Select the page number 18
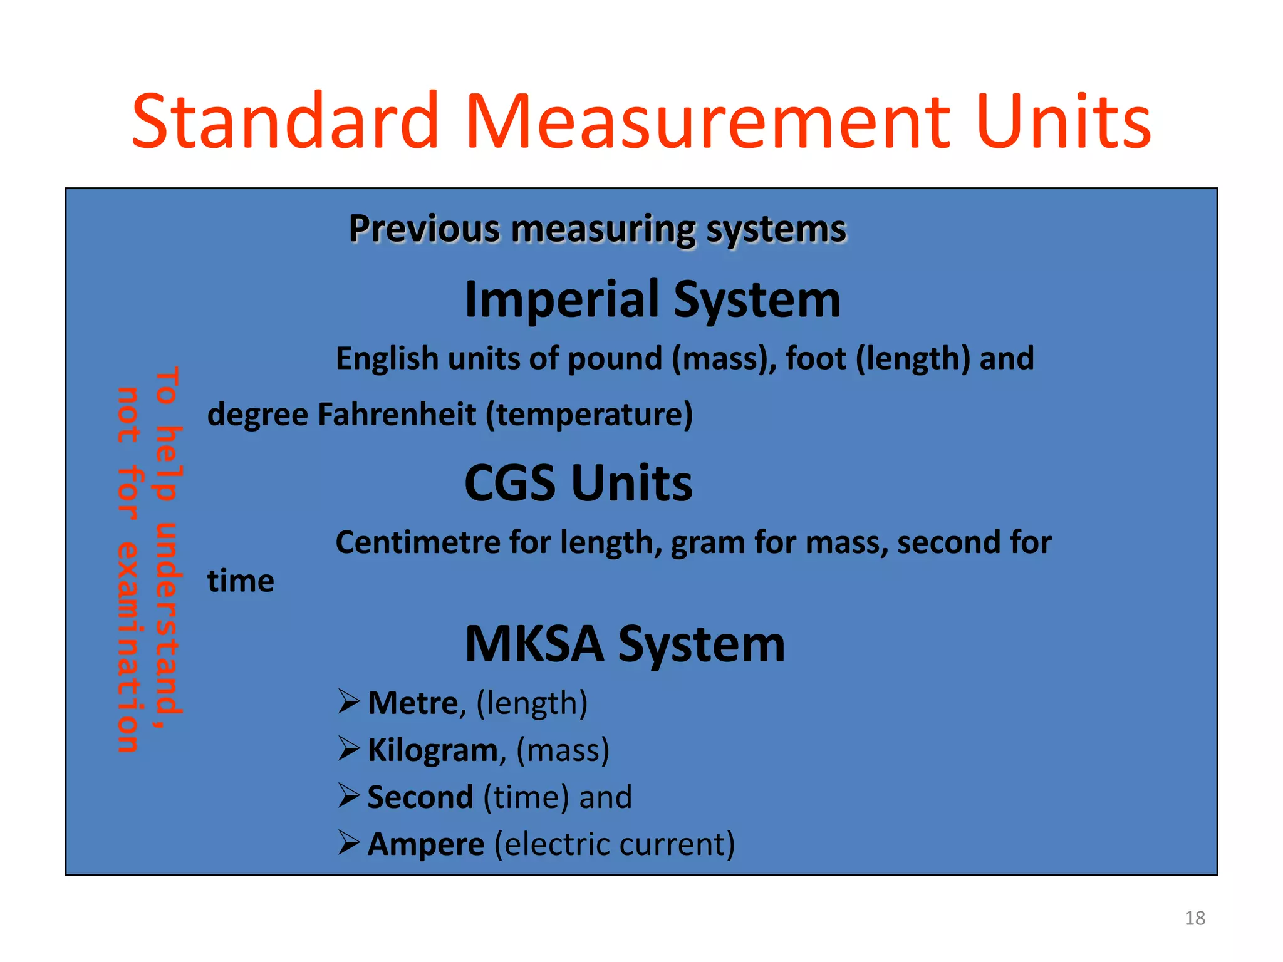pyautogui.click(x=1195, y=918)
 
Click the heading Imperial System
pyautogui.click(x=652, y=299)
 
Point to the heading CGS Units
pyautogui.click(x=578, y=483)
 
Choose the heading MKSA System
pyautogui.click(x=625, y=644)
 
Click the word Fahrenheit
pyautogui.click(x=397, y=414)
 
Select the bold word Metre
pyautogui.click(x=413, y=703)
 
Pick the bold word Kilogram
pyautogui.click(x=432, y=750)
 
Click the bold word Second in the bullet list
pyautogui.click(x=420, y=797)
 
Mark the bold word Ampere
pyautogui.click(x=426, y=844)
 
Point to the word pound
pyautogui.click(x=615, y=358)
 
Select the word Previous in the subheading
pyautogui.click(x=424, y=229)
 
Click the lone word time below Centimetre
pyautogui.click(x=241, y=581)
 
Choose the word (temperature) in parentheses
pyautogui.click(x=590, y=414)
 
